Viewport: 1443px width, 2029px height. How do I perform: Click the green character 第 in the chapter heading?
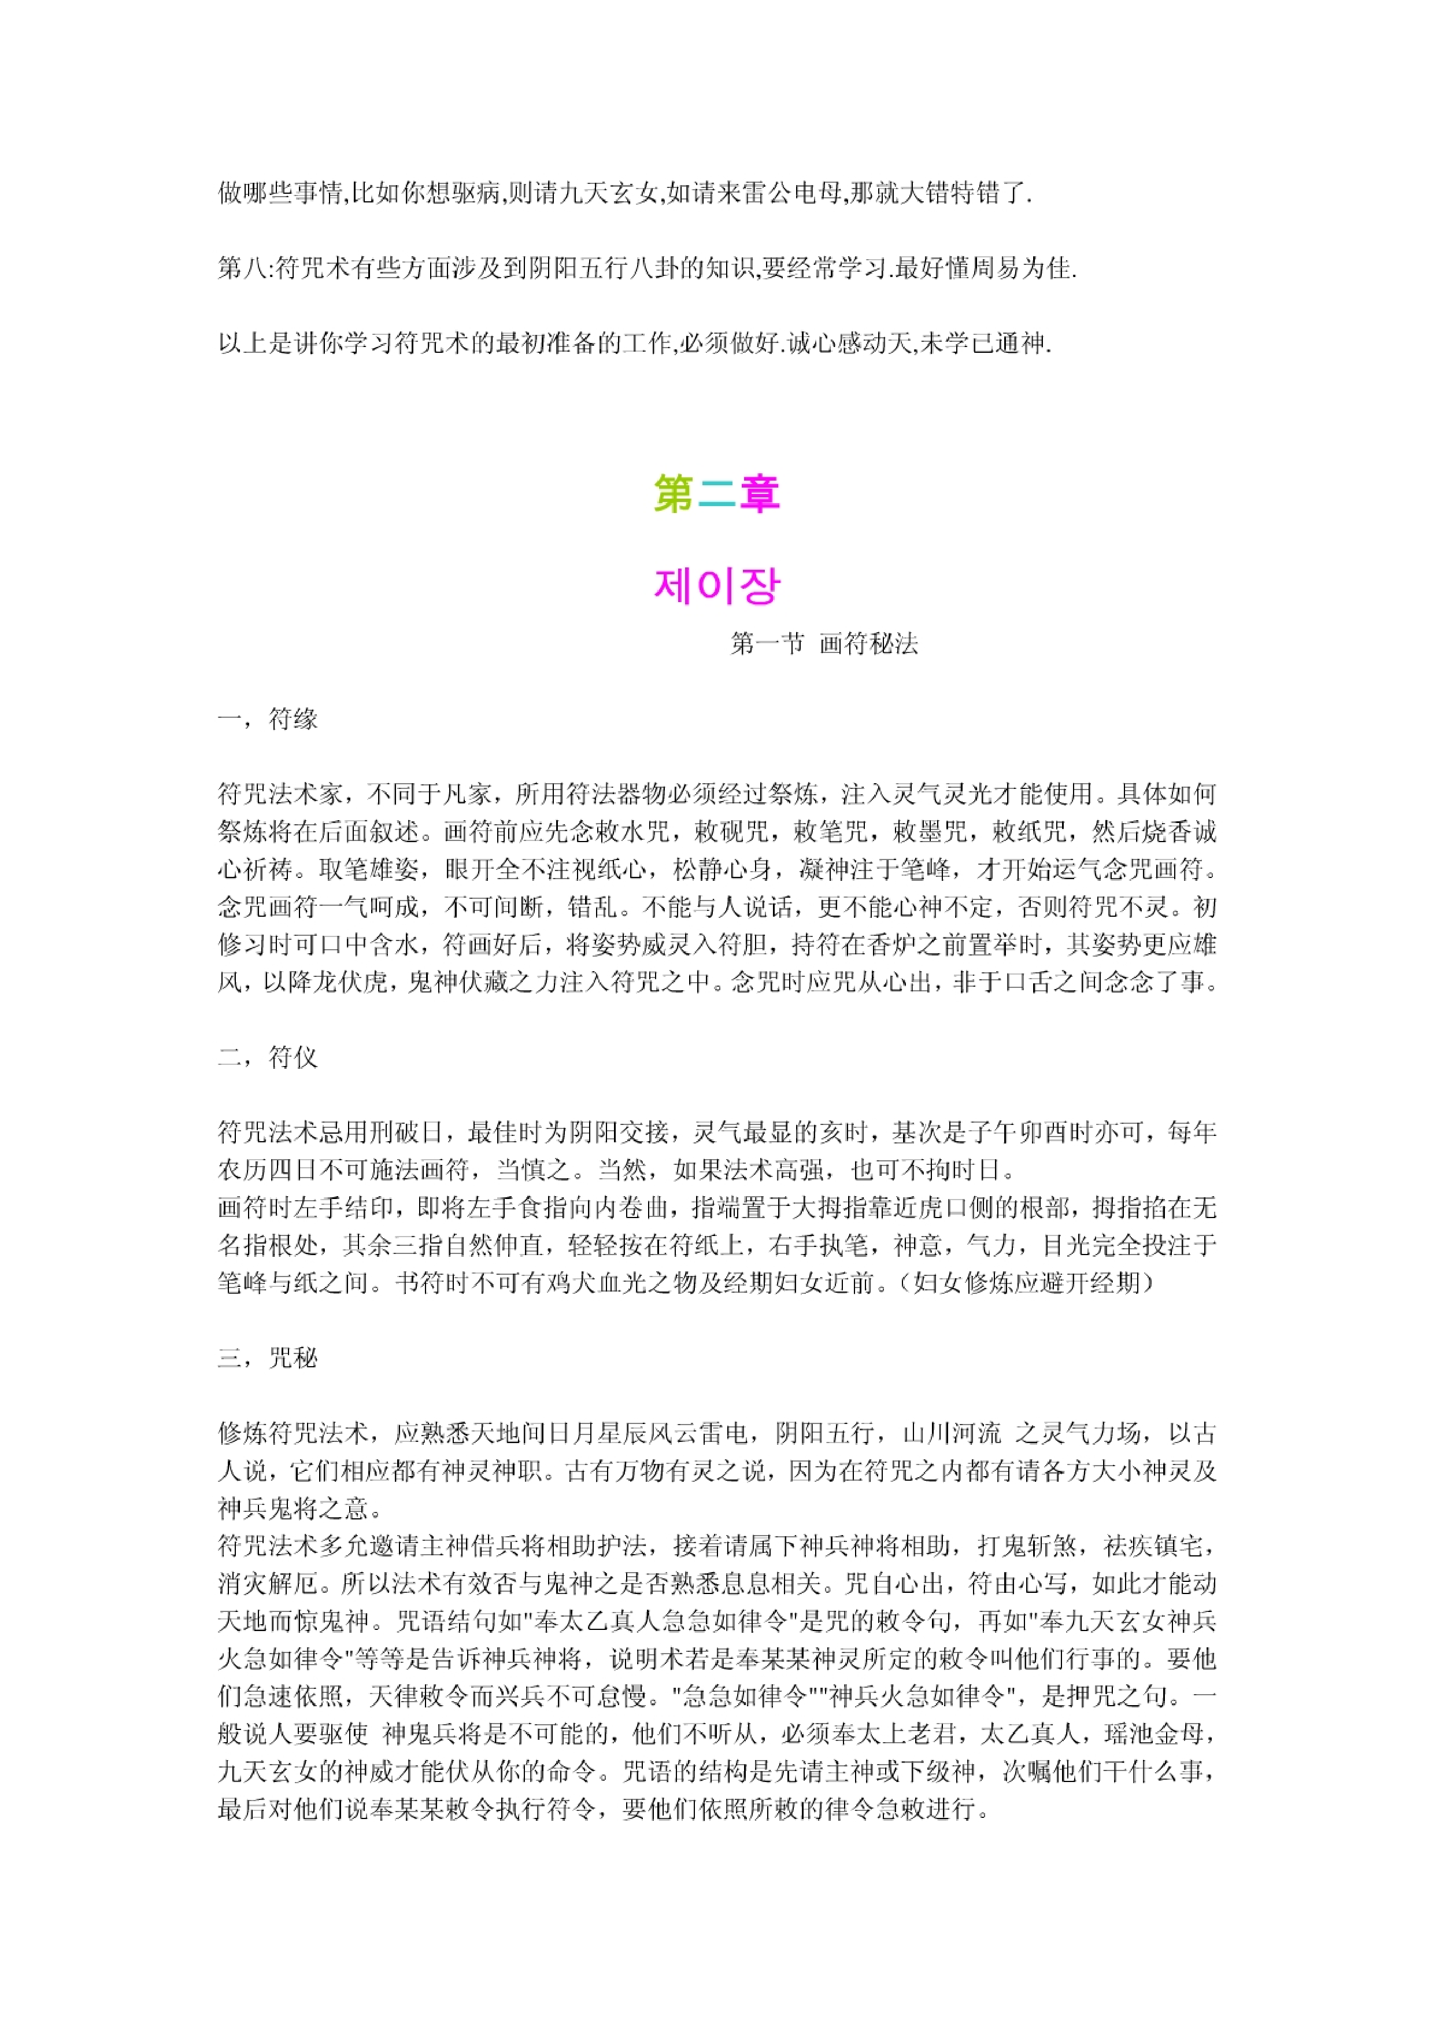point(674,494)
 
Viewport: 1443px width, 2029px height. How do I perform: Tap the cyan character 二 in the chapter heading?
point(716,494)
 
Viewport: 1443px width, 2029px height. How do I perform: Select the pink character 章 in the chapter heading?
point(760,494)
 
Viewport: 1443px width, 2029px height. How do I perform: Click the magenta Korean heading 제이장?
point(716,586)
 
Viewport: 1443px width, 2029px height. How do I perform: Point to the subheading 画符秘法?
point(868,643)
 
